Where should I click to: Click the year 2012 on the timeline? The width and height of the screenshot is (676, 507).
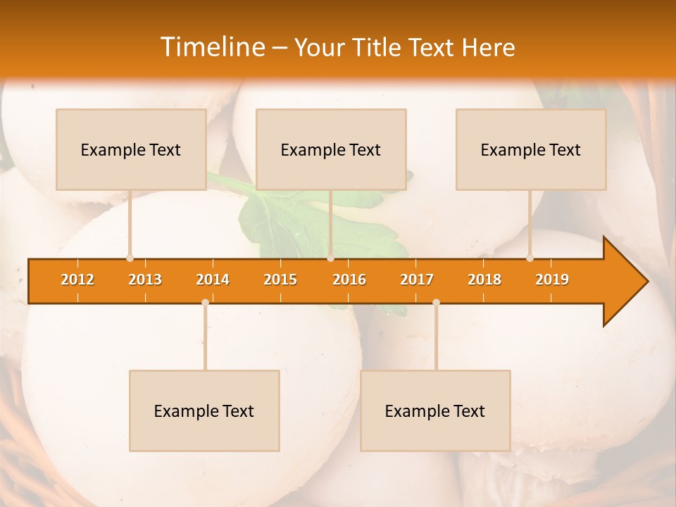click(77, 280)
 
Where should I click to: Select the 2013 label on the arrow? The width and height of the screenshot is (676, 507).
click(145, 280)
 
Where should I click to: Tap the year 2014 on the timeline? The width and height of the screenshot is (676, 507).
click(213, 280)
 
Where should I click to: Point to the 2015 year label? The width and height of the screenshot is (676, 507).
click(280, 280)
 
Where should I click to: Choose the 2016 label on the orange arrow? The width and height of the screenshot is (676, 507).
click(349, 280)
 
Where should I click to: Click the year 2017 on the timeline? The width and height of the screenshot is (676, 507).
click(417, 280)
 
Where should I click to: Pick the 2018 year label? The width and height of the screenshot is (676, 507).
click(484, 280)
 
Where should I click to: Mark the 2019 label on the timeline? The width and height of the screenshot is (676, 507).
click(552, 280)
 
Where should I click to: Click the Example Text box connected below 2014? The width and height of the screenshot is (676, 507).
click(204, 411)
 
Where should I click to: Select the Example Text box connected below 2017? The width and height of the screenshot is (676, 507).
click(435, 411)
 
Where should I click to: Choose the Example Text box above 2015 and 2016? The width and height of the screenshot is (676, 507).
click(331, 149)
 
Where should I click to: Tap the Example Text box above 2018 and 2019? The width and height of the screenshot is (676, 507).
click(531, 149)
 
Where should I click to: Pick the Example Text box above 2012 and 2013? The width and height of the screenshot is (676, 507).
click(131, 149)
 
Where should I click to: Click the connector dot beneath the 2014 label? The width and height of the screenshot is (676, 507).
click(205, 302)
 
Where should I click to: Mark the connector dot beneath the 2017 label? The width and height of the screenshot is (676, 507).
click(436, 302)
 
